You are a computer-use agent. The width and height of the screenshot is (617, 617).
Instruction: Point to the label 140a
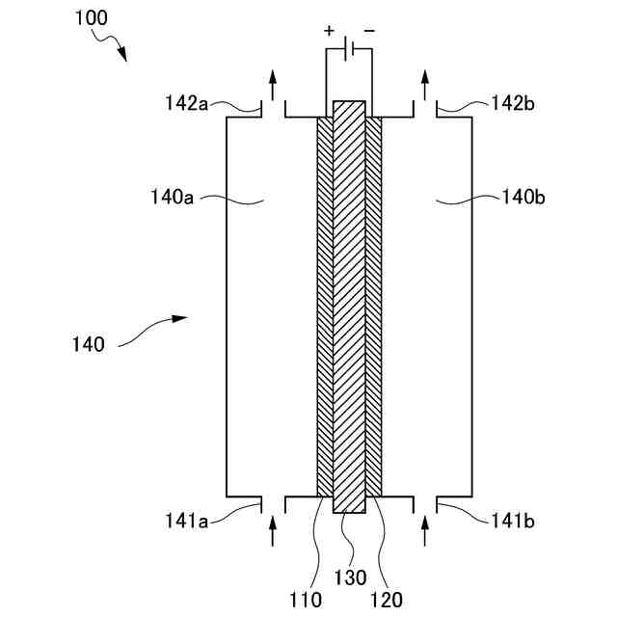pos(173,200)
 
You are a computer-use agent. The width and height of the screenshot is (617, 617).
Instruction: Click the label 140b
pos(524,200)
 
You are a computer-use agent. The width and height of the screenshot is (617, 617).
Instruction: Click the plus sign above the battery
pos(329,31)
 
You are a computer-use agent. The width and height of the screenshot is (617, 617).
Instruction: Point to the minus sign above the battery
pos(370,31)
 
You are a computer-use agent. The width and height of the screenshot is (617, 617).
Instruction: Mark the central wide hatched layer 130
pos(349,308)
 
